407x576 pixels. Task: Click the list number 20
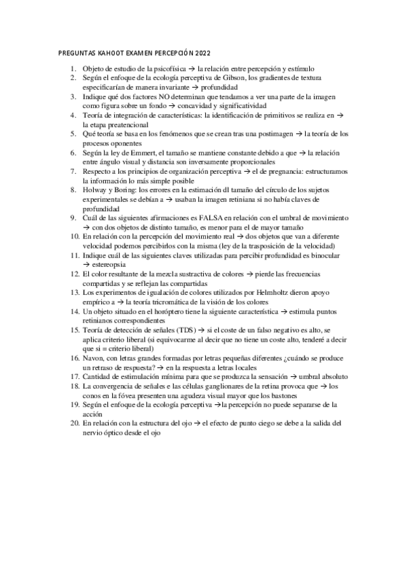75,422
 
